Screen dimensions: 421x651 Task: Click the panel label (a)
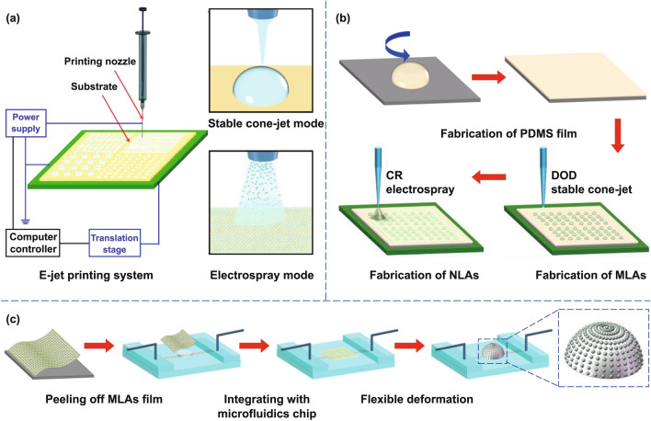pyautogui.click(x=15, y=13)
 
